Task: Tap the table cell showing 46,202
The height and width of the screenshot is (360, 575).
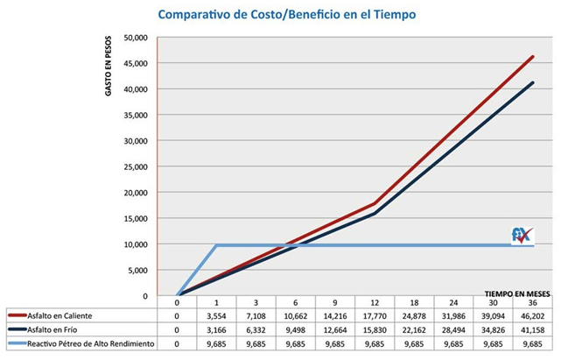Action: (x=534, y=314)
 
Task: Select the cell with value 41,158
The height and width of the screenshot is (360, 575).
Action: (x=534, y=329)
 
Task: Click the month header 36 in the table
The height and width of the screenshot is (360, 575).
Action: (x=534, y=300)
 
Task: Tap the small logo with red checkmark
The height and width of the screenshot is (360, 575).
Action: (x=522, y=235)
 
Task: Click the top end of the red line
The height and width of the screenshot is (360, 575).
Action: (x=533, y=57)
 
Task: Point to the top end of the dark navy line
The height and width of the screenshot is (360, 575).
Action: (x=533, y=83)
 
